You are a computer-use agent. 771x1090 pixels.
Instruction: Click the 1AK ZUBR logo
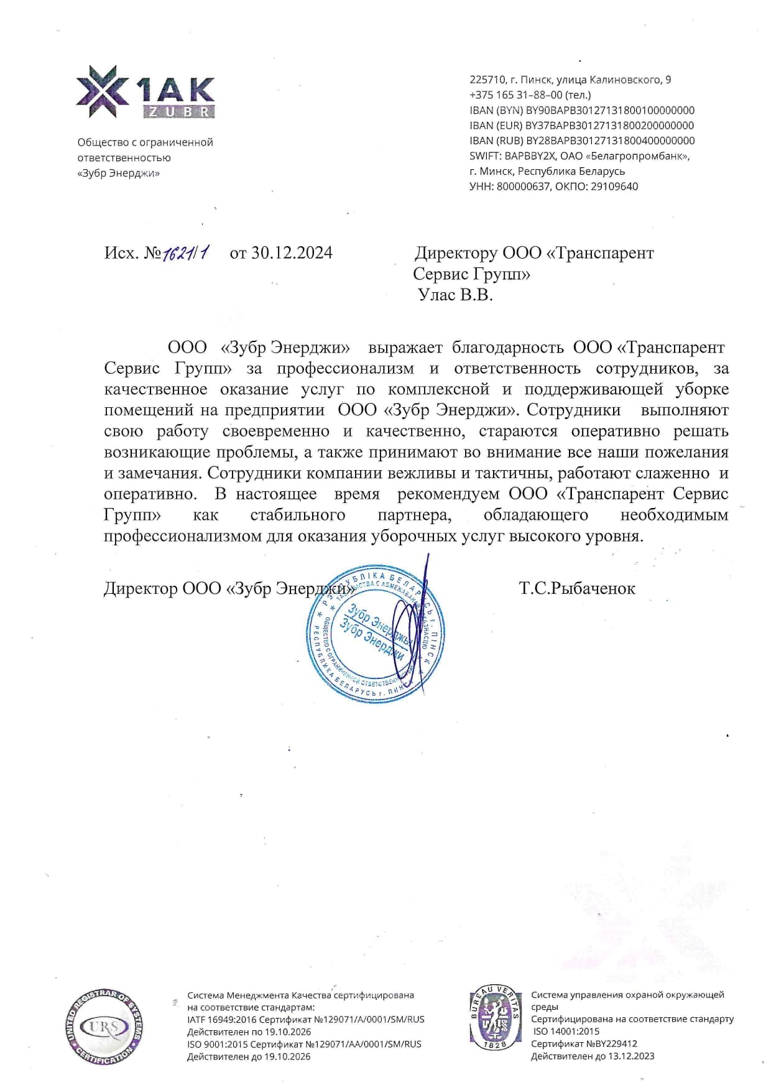[x=145, y=92]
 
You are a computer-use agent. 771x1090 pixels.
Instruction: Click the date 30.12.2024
[x=292, y=252]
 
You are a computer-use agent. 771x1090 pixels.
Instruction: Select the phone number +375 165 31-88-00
[x=516, y=95]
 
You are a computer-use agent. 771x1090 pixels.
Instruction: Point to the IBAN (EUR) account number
[x=610, y=126]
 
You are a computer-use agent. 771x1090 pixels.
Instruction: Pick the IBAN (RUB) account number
[x=610, y=141]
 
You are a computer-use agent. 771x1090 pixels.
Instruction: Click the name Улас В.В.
[x=455, y=295]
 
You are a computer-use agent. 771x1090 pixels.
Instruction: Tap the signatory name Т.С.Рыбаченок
[x=577, y=588]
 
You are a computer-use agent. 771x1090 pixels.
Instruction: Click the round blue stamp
[x=375, y=634]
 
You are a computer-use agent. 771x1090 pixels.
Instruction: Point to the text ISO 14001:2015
[x=566, y=1032]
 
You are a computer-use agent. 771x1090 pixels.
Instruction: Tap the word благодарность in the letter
[x=507, y=347]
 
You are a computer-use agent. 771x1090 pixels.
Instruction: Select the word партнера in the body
[x=414, y=515]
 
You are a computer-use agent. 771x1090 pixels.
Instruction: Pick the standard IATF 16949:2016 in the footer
[x=221, y=1020]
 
